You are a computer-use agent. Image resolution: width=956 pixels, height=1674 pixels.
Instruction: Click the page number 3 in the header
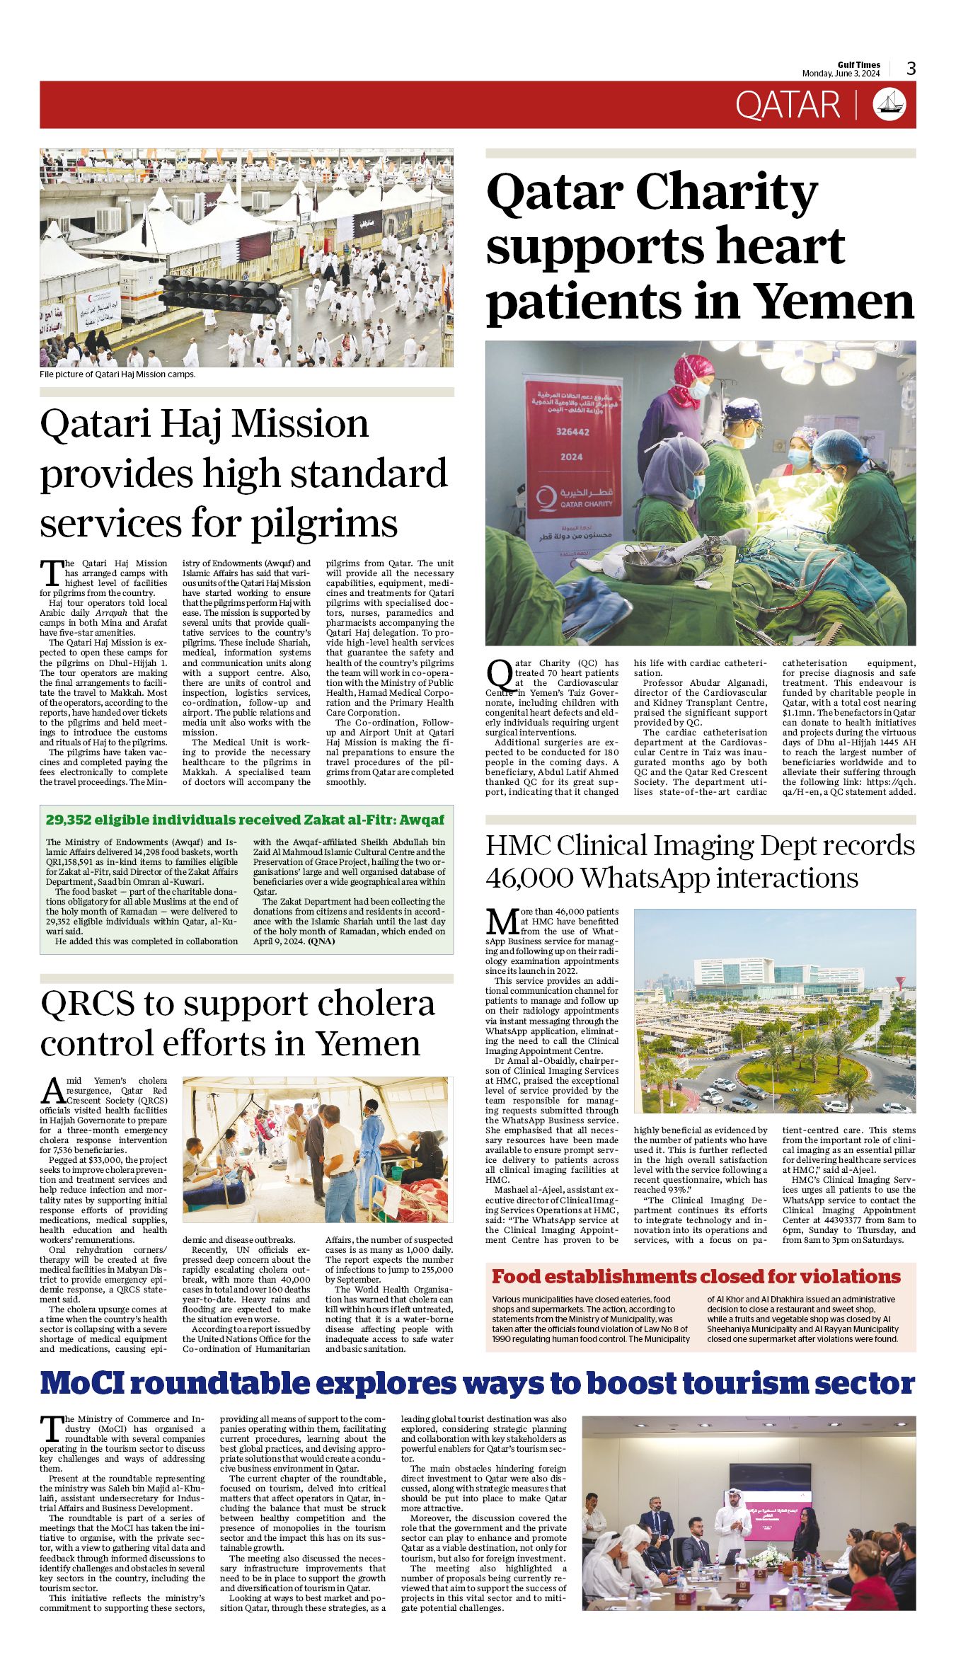(x=911, y=69)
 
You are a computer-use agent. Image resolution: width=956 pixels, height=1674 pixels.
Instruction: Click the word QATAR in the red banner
(x=787, y=105)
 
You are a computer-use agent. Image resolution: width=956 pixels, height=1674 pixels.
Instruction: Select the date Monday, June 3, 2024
(x=841, y=74)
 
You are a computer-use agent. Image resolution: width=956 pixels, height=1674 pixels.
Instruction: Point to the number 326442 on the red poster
(x=572, y=432)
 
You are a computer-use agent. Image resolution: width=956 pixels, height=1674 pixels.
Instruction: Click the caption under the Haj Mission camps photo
(x=117, y=374)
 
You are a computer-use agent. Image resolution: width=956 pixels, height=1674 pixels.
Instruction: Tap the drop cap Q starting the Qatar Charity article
(x=500, y=675)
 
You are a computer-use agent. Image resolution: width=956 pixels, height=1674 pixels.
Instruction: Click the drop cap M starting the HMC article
(x=502, y=922)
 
